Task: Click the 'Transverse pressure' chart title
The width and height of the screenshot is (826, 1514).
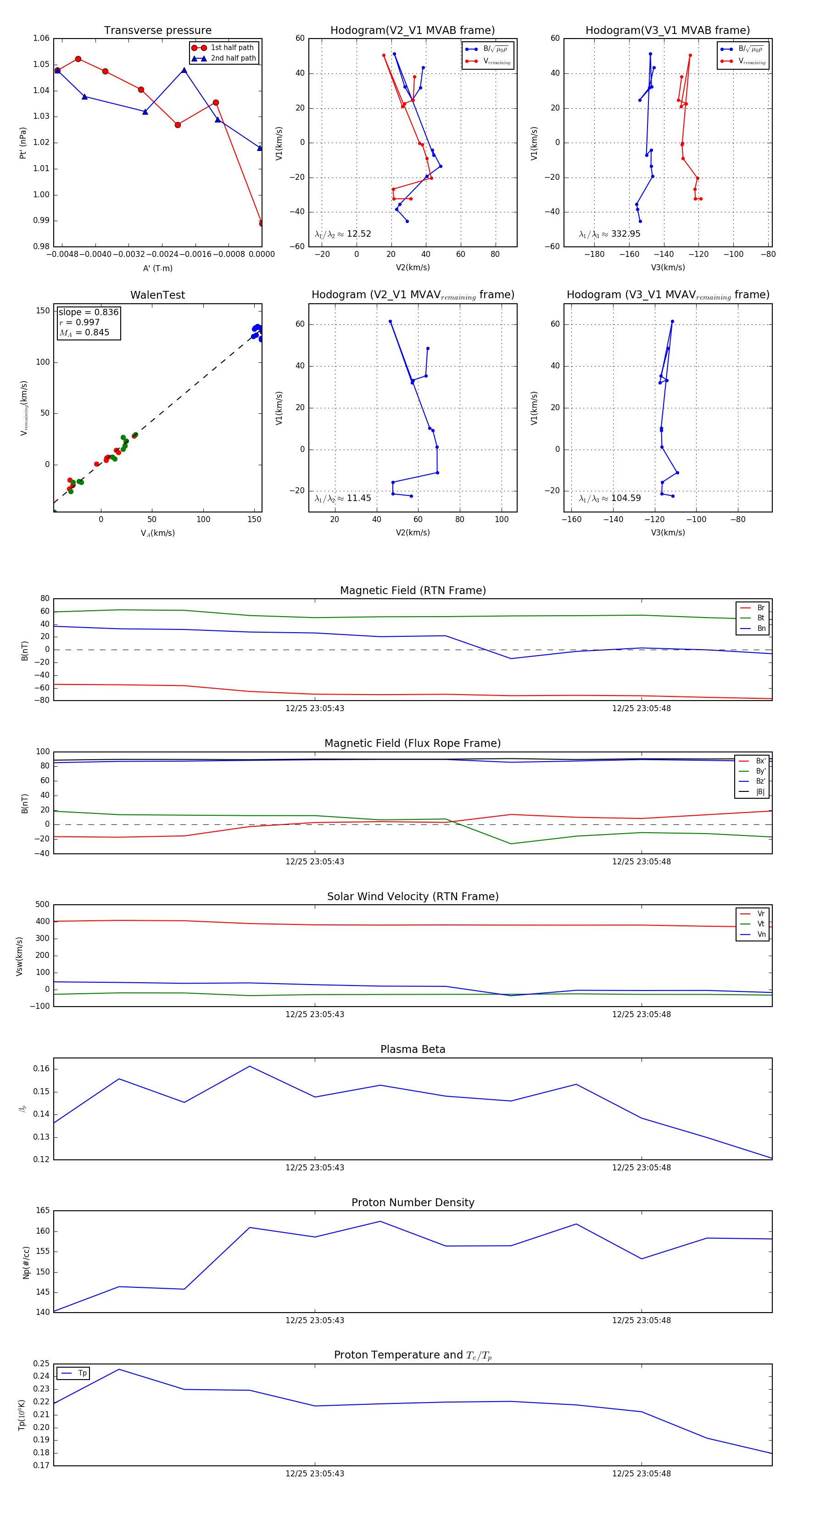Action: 157,31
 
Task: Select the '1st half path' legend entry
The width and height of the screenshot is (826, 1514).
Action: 232,48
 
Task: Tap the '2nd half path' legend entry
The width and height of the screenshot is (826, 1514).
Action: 233,58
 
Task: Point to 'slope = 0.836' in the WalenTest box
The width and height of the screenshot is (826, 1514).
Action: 88,312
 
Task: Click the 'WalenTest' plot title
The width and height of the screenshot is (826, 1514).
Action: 157,295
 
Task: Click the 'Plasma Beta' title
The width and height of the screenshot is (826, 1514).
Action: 413,1050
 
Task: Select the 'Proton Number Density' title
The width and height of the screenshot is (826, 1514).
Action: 413,1202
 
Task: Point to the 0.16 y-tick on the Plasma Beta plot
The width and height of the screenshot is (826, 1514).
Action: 41,1069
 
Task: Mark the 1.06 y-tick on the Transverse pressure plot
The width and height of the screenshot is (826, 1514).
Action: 41,38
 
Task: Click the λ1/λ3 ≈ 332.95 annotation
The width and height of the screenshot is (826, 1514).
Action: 610,234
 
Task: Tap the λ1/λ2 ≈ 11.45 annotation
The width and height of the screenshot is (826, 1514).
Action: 343,498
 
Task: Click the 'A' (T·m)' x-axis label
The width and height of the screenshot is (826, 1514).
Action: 157,268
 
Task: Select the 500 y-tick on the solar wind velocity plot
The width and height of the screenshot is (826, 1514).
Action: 42,905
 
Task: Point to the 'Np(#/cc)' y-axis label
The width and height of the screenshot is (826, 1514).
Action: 26,1263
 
